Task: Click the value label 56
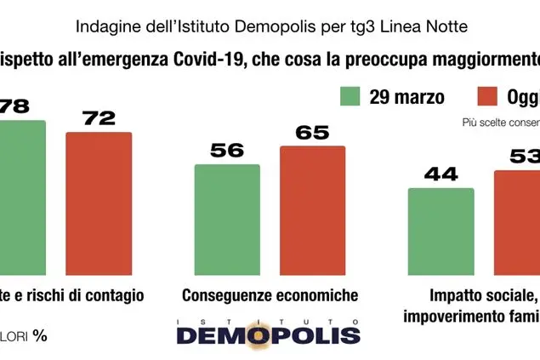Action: [x=226, y=151]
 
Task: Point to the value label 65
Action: [x=312, y=133]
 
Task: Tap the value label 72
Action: [x=99, y=118]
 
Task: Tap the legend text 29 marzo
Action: [x=406, y=96]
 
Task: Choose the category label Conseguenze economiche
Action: [x=270, y=295]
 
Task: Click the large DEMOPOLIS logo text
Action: [x=269, y=334]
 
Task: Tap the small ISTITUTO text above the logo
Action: [x=269, y=320]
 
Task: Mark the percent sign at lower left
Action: [x=40, y=334]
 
